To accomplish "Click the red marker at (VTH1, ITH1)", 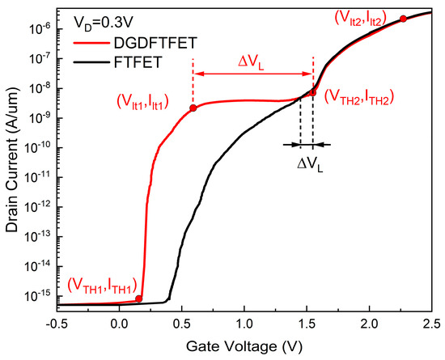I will coord(139,299).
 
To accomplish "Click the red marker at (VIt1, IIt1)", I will coord(193,108).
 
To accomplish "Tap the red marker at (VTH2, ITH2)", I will coord(312,92).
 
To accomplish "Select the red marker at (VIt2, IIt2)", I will coord(403,19).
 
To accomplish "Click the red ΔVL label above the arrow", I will coord(252,61).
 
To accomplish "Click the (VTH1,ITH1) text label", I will coord(101,283).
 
